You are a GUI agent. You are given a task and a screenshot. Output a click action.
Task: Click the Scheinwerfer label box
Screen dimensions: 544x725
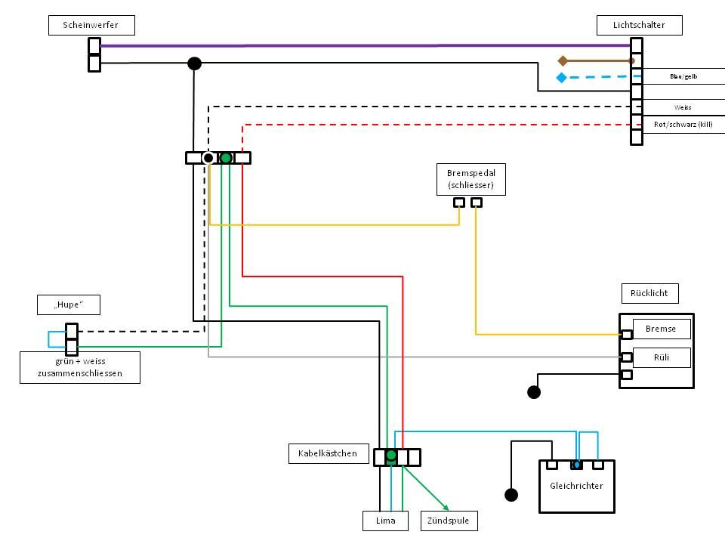94,26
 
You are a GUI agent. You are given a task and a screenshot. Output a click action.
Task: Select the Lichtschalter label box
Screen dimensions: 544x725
640,26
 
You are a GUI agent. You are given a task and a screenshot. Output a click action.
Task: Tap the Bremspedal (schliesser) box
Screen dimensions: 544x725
470,179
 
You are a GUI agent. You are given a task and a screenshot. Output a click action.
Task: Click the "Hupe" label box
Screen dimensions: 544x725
69,305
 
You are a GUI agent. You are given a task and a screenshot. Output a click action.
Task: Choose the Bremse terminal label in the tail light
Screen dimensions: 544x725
660,329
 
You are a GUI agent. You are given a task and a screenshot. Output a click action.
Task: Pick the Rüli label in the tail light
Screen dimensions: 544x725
660,357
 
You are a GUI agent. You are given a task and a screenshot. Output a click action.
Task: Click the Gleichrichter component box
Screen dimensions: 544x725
576,486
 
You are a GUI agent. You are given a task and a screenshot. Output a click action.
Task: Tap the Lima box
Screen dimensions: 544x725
385,521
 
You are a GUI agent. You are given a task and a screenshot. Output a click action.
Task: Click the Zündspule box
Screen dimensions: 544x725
442,521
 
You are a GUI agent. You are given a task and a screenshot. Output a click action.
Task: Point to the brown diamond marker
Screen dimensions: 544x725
562,60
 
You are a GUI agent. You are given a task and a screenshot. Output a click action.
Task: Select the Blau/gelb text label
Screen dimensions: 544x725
683,77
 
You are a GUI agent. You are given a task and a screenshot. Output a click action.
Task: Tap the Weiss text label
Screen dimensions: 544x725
683,107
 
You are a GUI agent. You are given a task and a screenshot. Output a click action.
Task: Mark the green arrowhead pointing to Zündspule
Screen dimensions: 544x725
446,507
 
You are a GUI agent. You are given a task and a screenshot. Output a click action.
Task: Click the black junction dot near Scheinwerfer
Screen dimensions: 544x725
194,63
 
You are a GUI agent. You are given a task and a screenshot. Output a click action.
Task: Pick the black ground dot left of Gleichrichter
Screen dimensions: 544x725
511,495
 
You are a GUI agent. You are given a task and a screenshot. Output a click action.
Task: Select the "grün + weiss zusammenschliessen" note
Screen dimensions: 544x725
79,368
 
